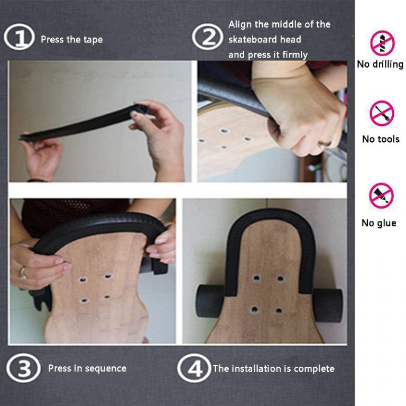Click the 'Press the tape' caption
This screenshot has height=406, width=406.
click(x=71, y=40)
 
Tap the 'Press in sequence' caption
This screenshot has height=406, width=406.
click(x=87, y=368)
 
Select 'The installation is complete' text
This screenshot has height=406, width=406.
click(x=273, y=368)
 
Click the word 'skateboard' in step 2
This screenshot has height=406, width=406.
click(x=253, y=40)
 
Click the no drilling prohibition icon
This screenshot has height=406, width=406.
click(x=382, y=43)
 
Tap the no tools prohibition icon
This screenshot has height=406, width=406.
click(x=382, y=113)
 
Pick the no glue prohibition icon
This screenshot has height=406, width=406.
click(x=381, y=196)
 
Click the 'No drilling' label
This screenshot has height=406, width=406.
click(x=380, y=64)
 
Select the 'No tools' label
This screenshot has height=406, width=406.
click(x=380, y=139)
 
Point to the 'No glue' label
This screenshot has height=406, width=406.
click(x=379, y=223)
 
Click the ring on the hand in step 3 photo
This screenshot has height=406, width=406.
click(x=23, y=273)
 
